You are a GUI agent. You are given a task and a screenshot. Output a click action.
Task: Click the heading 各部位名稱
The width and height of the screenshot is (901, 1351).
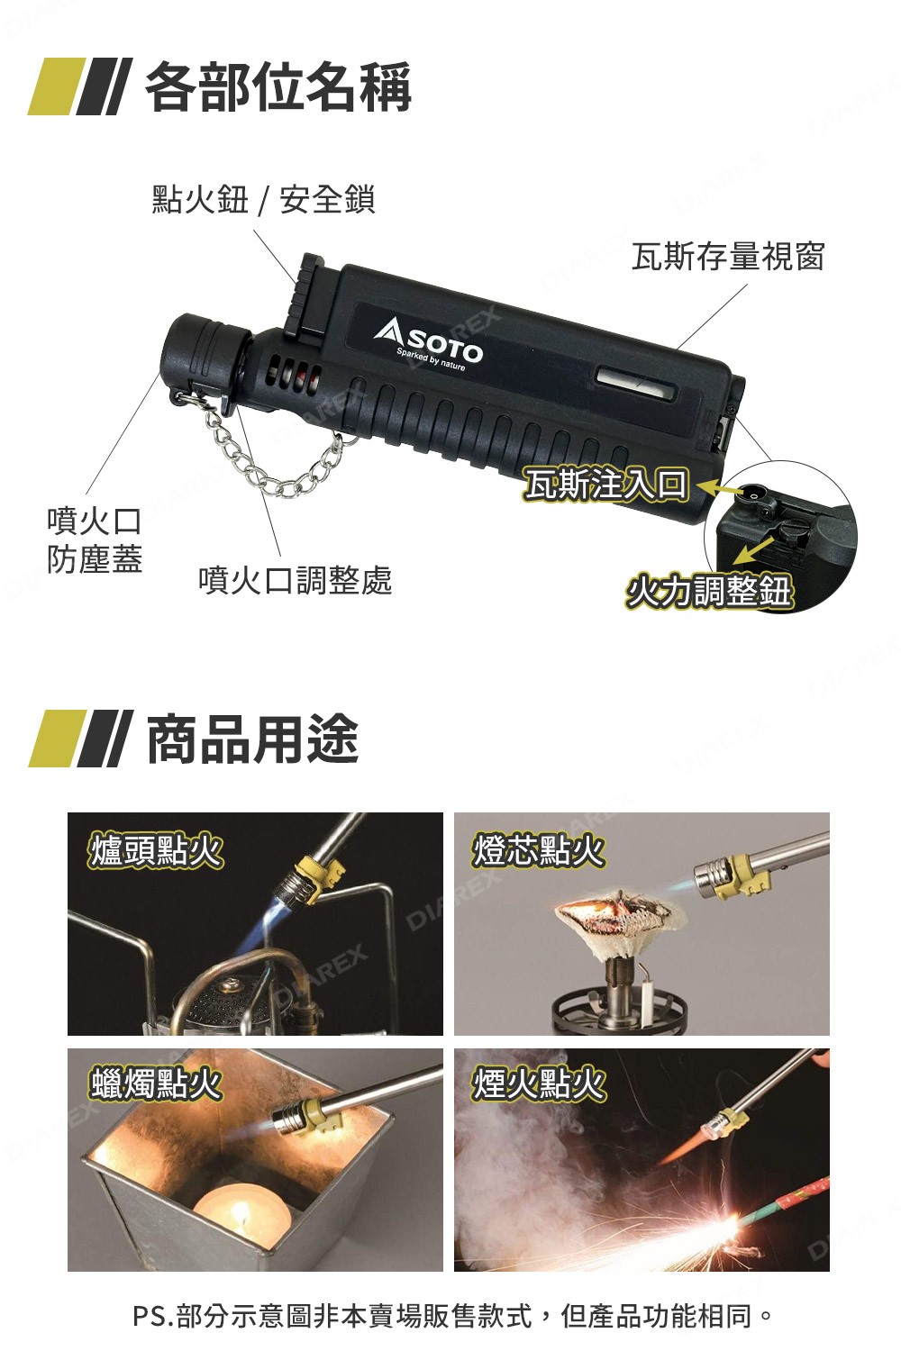click(278, 87)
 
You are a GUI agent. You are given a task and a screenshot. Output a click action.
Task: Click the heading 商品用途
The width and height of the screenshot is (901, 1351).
click(252, 739)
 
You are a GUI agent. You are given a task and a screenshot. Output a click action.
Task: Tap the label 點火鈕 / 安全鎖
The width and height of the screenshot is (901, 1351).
click(263, 199)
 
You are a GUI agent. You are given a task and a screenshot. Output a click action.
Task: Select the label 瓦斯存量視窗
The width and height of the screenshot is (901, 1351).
click(728, 257)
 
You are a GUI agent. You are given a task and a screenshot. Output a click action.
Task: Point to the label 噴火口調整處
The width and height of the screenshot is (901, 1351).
click(296, 579)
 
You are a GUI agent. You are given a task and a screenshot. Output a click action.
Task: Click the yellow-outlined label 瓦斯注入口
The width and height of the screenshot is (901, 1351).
click(606, 484)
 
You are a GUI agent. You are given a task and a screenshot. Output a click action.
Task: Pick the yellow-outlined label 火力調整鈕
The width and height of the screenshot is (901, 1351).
click(709, 591)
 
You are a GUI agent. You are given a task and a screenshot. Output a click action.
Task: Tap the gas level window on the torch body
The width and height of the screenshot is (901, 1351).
click(634, 381)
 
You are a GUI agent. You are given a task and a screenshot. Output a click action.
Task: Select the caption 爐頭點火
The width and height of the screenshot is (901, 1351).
click(155, 849)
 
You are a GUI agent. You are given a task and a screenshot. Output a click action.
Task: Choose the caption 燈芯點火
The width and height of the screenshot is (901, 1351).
click(539, 849)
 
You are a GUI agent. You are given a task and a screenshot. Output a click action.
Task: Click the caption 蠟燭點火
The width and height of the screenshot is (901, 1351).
click(155, 1083)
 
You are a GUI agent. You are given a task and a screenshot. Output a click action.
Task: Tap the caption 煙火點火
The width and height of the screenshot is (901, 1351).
click(539, 1083)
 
